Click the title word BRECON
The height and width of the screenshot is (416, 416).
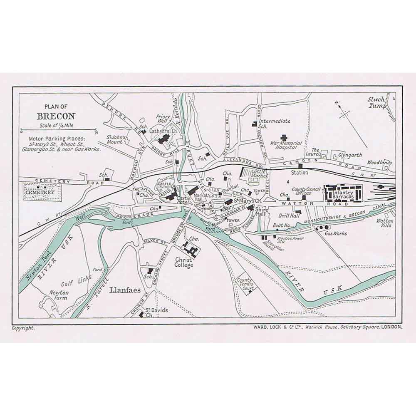pos(56,116)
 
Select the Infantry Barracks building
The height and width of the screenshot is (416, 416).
pos(342,193)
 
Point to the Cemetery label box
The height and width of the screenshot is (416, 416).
pos(40,193)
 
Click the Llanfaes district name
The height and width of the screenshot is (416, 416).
pos(125,290)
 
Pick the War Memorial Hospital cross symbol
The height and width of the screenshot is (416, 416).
pos(284,138)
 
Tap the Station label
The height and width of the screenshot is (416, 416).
pos(300,172)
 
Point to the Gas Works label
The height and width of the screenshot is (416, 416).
pos(336,233)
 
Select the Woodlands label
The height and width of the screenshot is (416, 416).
pos(379,163)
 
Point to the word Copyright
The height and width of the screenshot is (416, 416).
pos(24,328)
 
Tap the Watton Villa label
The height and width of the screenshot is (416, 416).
pos(385,223)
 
